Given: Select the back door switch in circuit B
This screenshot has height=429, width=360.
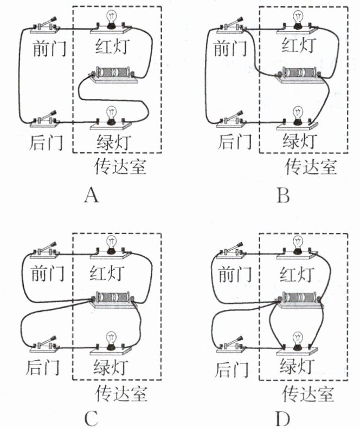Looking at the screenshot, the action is tap(233, 120).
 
